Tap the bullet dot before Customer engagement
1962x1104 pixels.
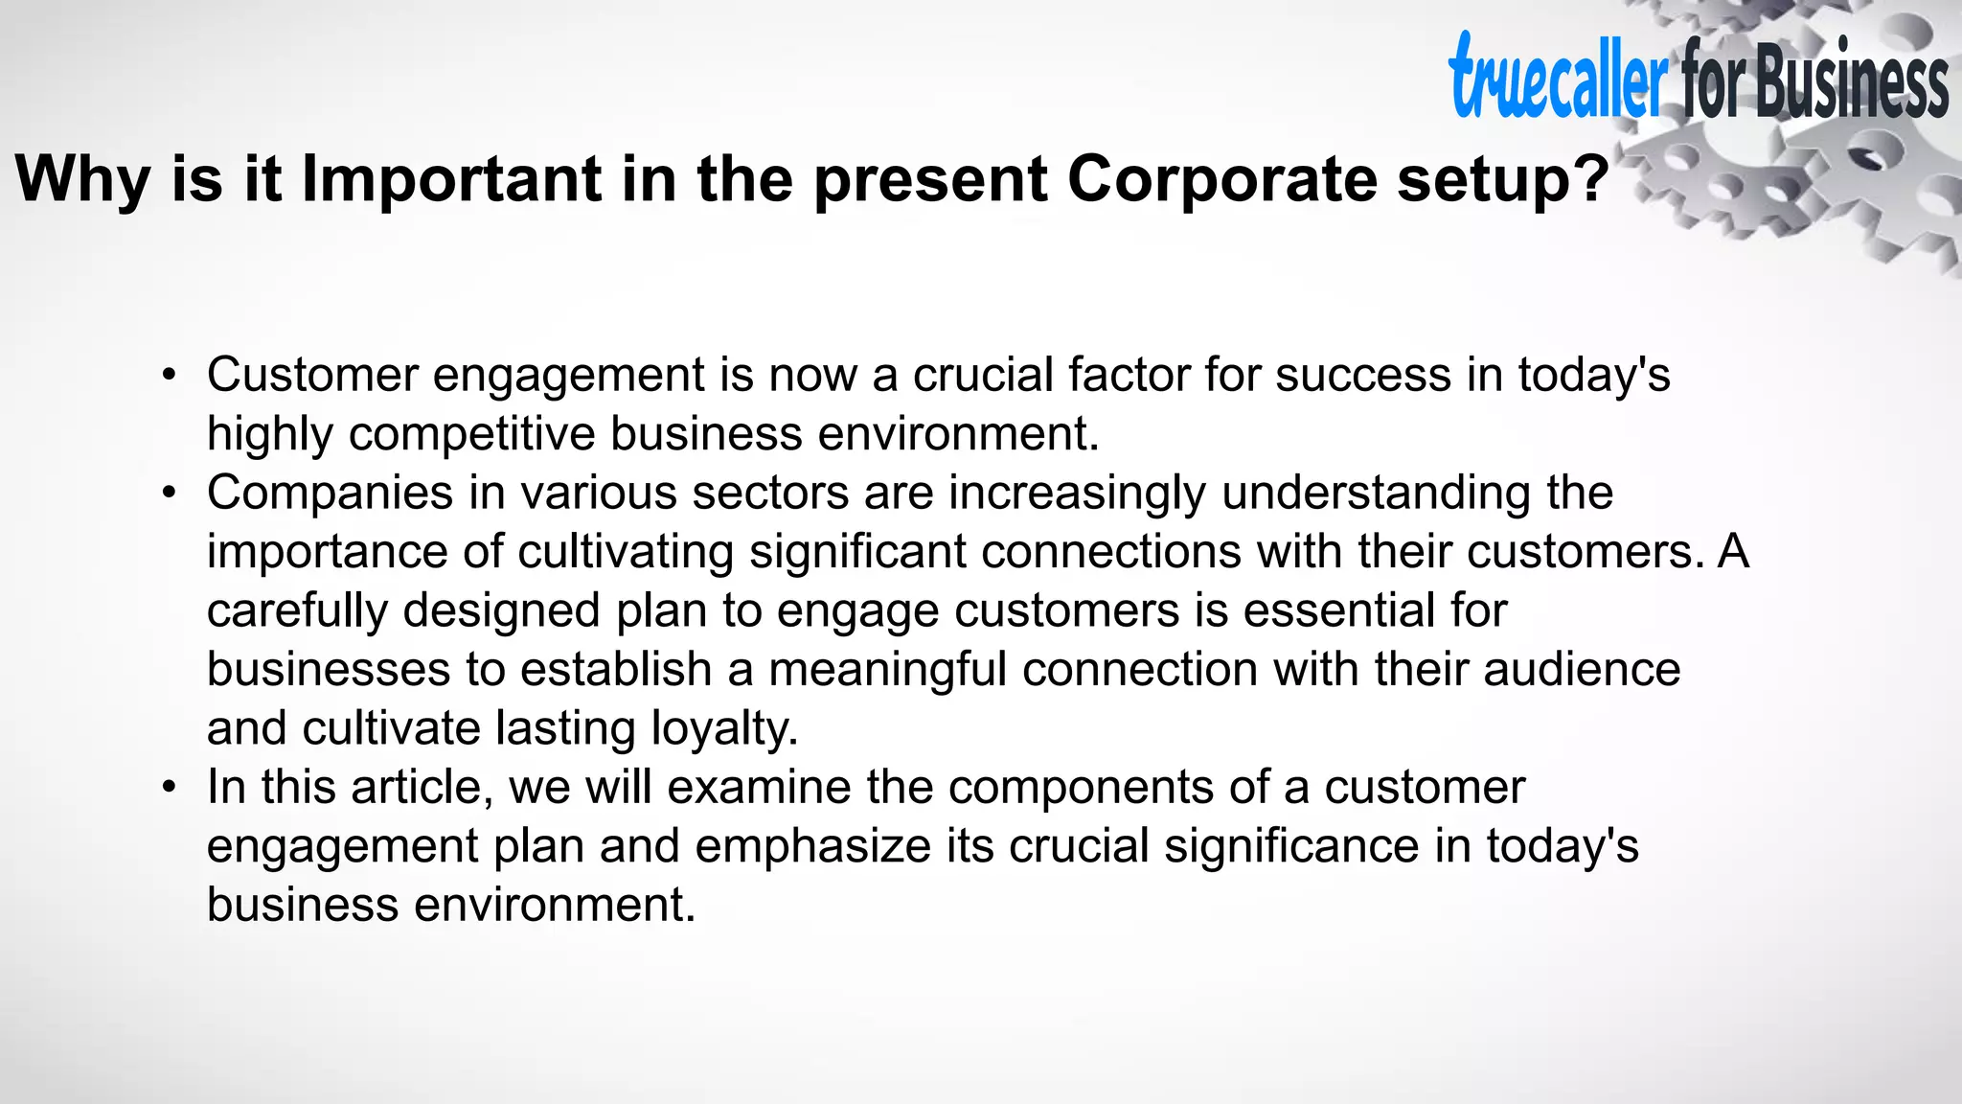pos(170,375)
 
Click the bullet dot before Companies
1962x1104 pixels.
pos(170,493)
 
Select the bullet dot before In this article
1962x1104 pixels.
pos(170,787)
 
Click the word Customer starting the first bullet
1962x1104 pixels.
pos(312,375)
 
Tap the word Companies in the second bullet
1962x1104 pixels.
pos(330,493)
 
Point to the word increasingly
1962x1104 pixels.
pos(1077,493)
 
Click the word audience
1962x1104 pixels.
pos(1582,669)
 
